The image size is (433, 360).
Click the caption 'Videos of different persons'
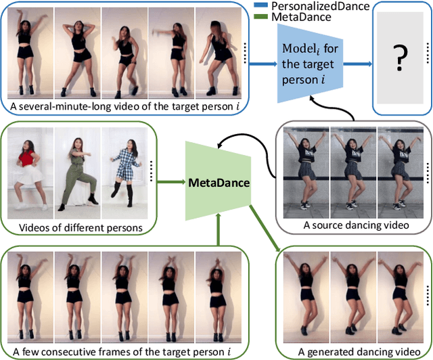[81, 227]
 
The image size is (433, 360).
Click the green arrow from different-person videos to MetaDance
[169, 181]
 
